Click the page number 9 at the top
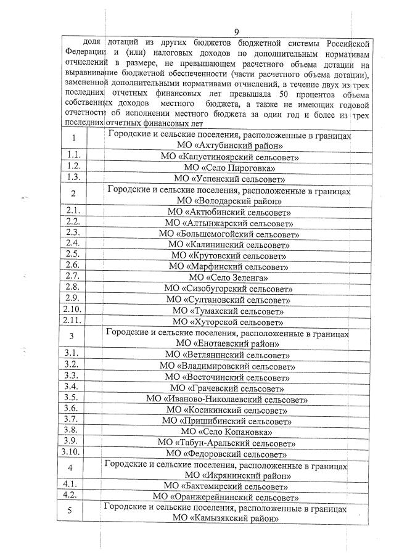[236, 32]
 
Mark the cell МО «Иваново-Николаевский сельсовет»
[227, 399]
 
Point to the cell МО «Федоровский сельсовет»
[226, 454]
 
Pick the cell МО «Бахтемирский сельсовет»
[226, 486]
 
